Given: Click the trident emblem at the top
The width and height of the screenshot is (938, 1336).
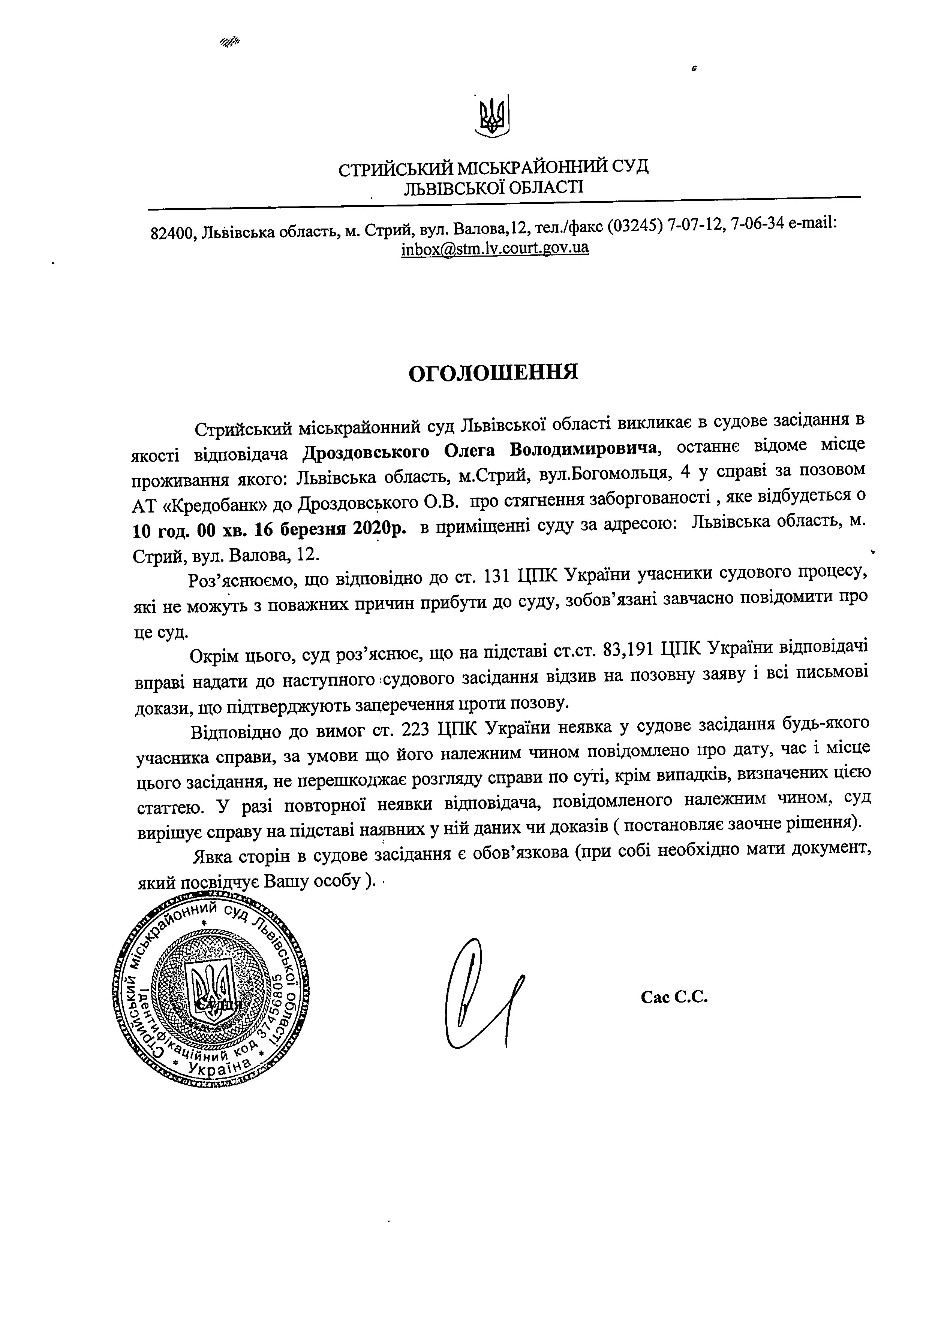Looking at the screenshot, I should pos(493,116).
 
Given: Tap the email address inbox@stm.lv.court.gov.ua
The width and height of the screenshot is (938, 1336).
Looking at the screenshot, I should pos(494,248).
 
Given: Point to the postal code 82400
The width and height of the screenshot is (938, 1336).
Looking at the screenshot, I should pos(171,233).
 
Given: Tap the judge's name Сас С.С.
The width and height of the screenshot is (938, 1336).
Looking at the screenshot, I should pos(674,997).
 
